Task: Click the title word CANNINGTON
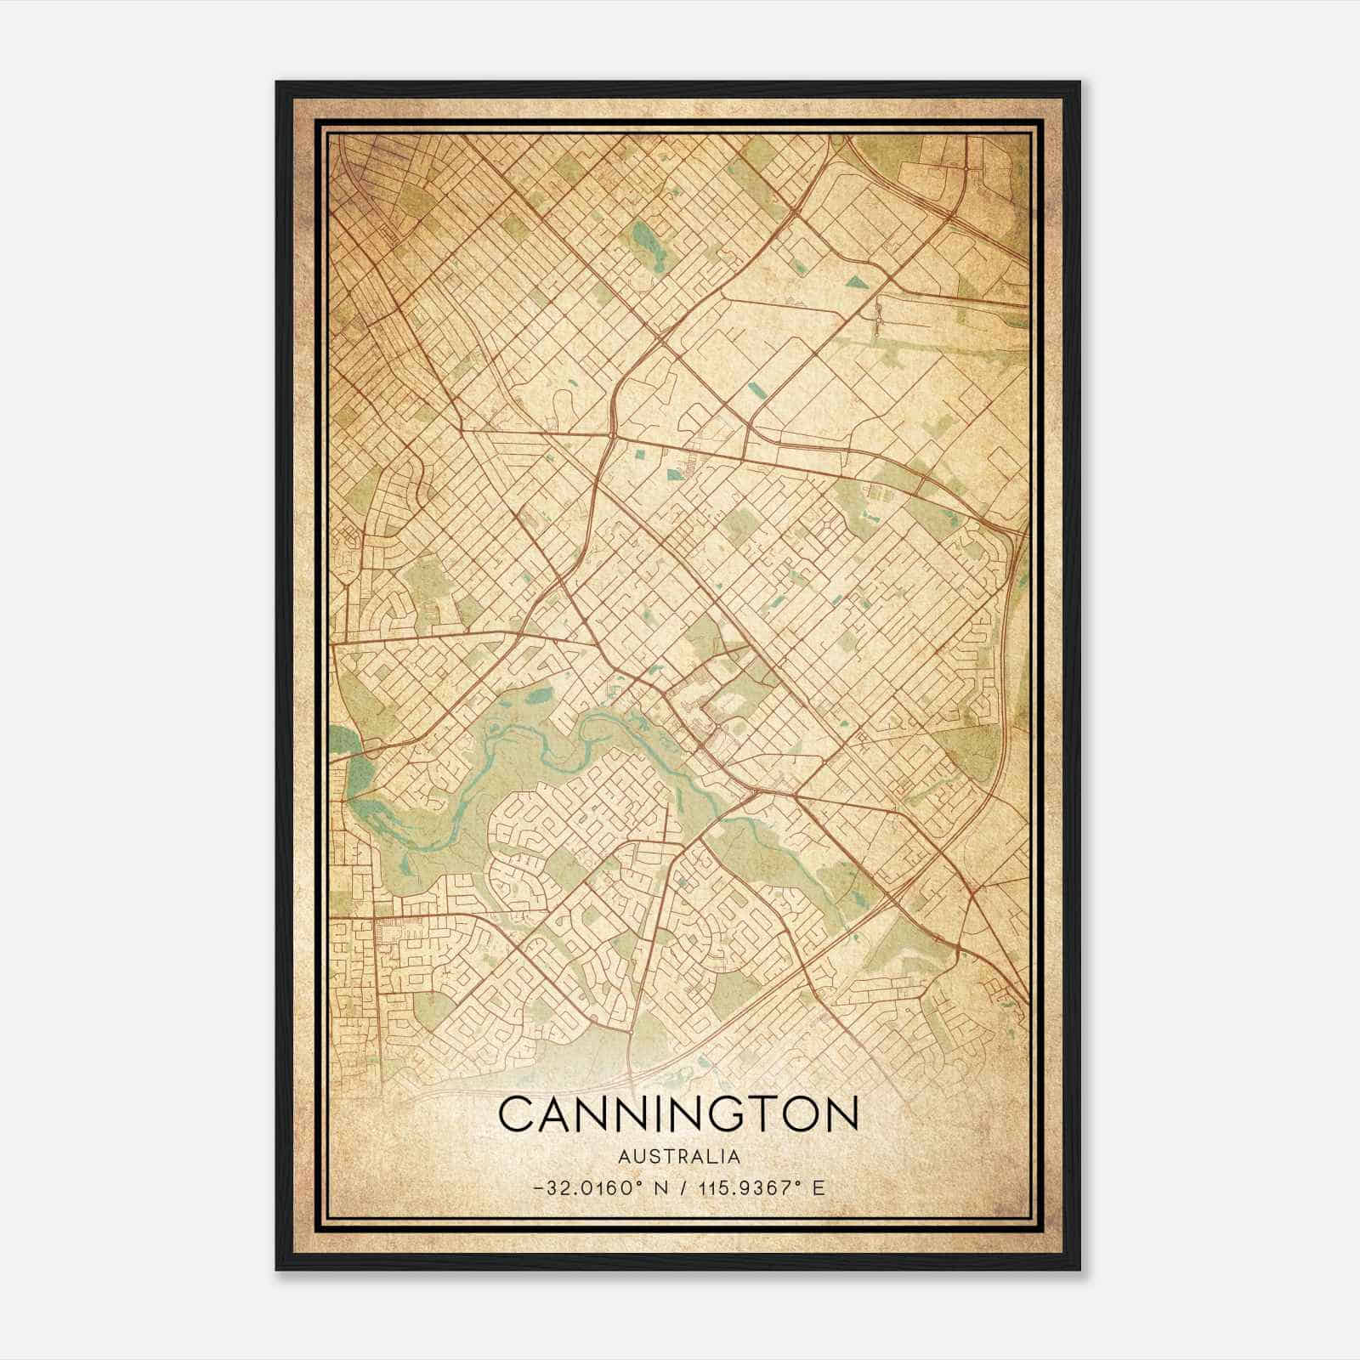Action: [x=677, y=1114]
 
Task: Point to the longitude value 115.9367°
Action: [x=744, y=1187]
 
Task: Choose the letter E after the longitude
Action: [x=819, y=1187]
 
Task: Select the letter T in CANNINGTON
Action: [x=761, y=1114]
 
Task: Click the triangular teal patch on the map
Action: [x=855, y=281]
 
